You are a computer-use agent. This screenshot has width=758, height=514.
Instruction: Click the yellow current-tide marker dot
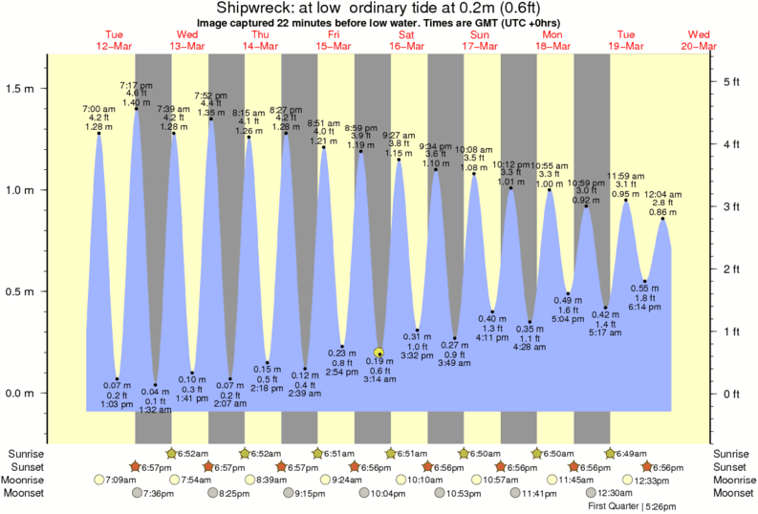379,352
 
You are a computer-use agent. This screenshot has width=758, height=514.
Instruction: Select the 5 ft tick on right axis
732,81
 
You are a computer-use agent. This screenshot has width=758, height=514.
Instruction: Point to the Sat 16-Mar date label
406,40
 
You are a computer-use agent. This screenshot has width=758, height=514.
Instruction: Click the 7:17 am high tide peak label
136,85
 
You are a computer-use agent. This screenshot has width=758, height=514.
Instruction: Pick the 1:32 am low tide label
154,410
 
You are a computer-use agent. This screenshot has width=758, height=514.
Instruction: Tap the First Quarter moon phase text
614,505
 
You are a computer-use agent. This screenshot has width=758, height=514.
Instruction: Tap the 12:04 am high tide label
662,194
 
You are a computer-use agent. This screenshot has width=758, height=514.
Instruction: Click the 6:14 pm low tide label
645,306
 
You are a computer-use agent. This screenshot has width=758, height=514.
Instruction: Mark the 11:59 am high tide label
626,176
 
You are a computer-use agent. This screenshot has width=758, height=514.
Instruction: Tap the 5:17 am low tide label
606,332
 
